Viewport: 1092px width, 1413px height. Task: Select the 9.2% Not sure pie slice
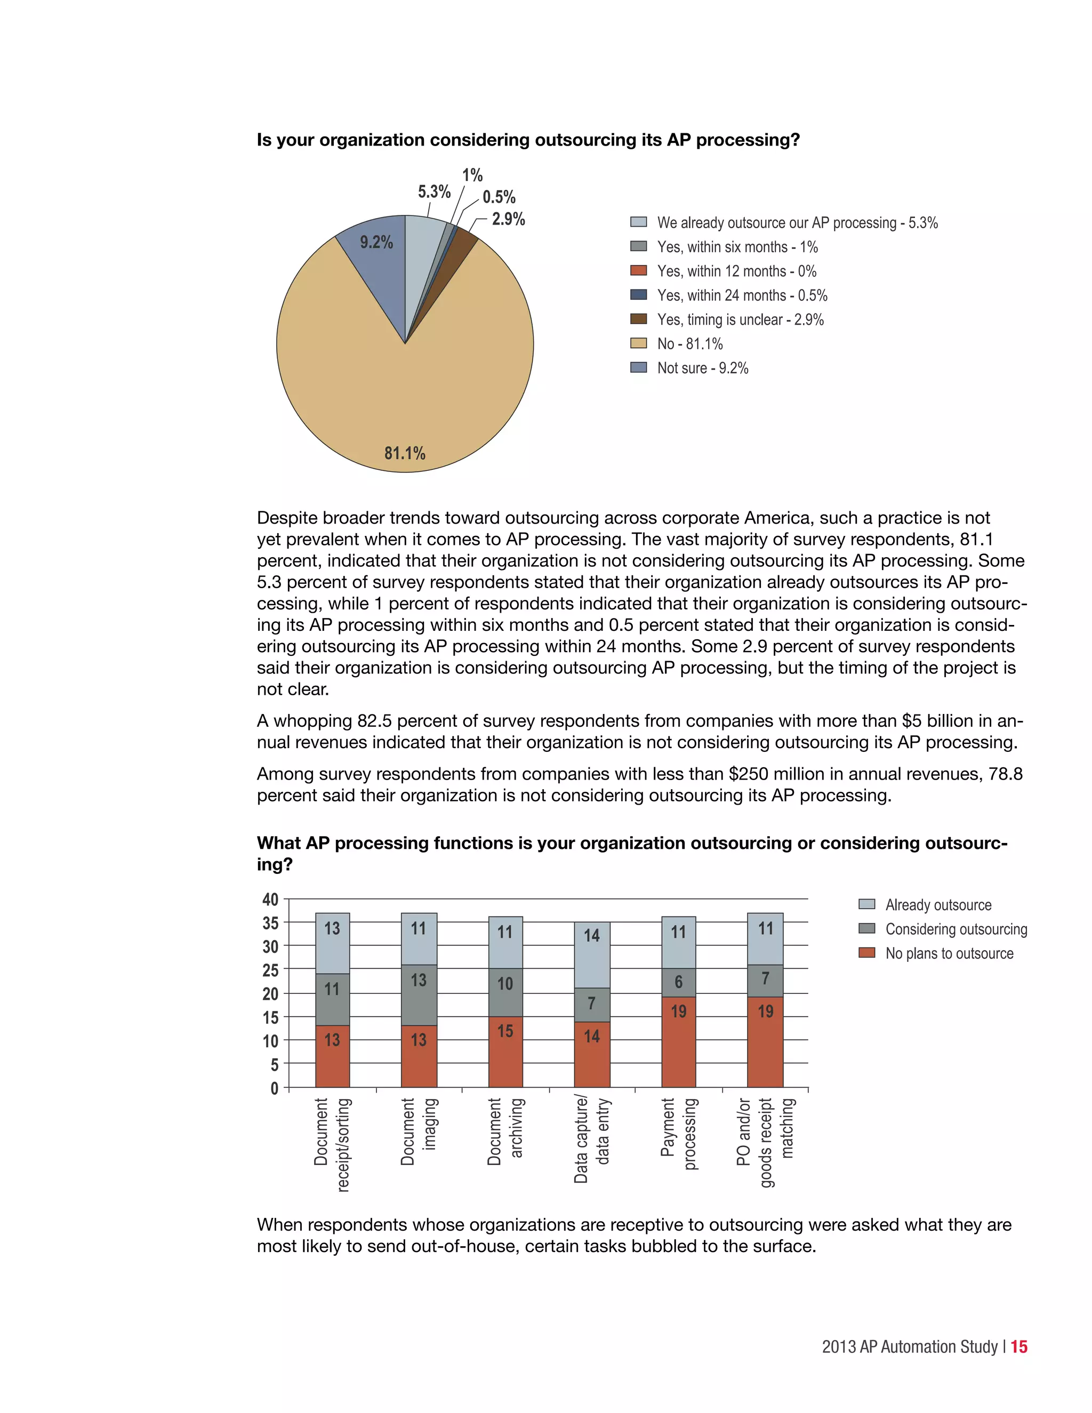click(x=375, y=259)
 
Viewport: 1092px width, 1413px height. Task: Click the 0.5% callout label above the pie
click(x=499, y=197)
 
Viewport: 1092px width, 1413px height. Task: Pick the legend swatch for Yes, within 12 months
click(x=638, y=270)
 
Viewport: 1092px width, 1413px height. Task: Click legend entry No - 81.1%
click(x=689, y=343)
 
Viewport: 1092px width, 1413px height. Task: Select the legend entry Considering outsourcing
click(x=955, y=929)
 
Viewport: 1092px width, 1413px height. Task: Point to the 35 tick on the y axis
click(x=270, y=922)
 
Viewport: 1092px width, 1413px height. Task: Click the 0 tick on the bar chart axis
click(x=274, y=1088)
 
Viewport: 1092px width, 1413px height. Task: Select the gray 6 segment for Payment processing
click(x=678, y=982)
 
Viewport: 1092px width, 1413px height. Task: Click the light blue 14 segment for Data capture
click(x=591, y=954)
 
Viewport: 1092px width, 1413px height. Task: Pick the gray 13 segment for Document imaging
click(x=419, y=994)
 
